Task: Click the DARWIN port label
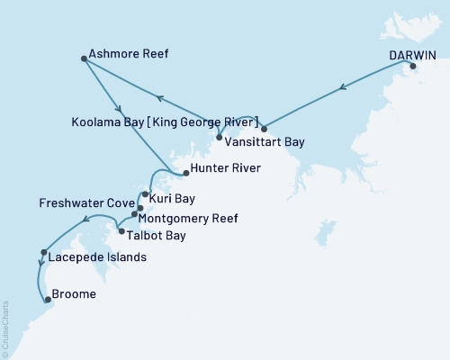coord(412,54)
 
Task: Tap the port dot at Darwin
coord(413,67)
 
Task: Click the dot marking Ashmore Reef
coord(84,59)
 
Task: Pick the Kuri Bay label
coord(171,197)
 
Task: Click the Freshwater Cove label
coord(86,203)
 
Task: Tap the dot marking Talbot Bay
coord(121,231)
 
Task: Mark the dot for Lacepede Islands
coord(43,253)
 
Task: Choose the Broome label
coord(75,294)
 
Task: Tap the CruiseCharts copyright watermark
coord(5,328)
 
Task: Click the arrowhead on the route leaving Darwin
coord(343,88)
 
